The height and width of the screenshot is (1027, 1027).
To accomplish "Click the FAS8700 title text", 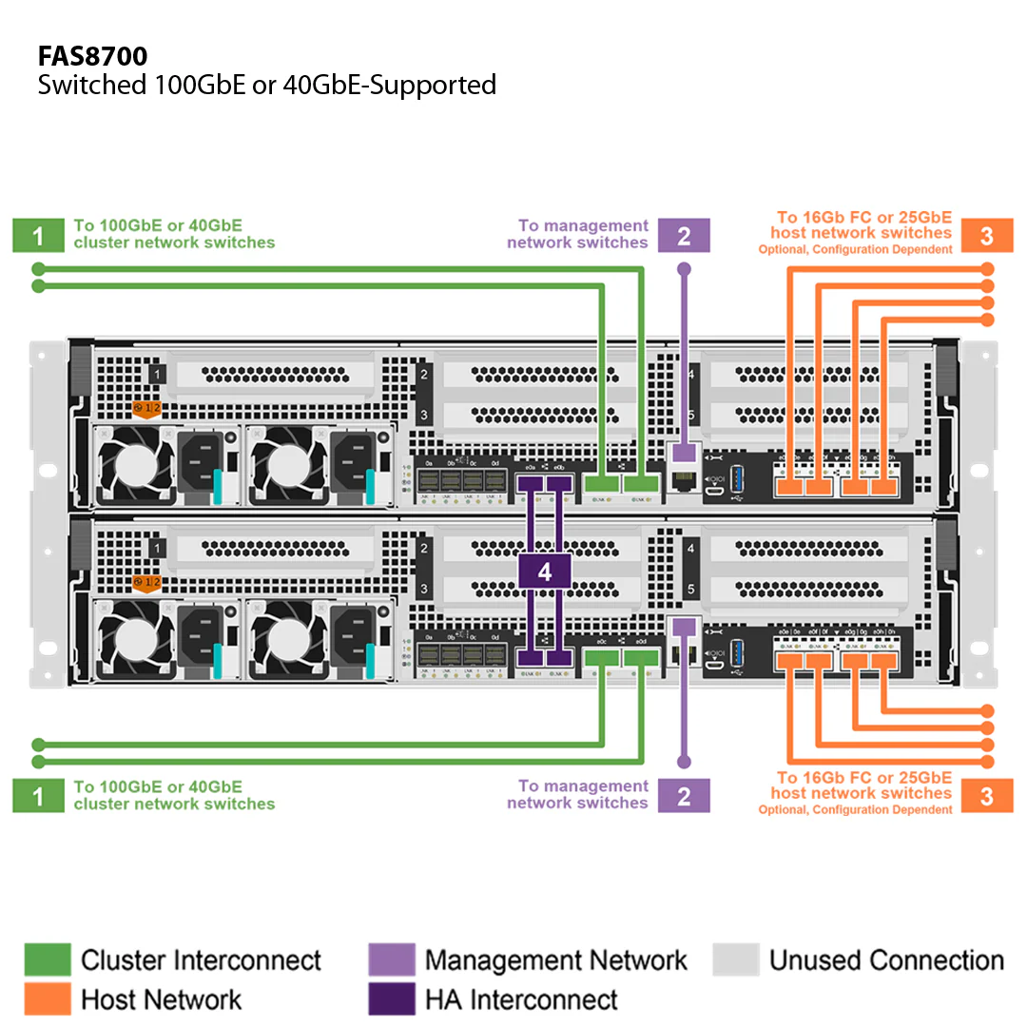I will [92, 55].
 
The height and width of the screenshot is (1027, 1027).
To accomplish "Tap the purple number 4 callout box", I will [544, 572].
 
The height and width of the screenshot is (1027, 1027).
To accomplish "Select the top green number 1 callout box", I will [37, 235].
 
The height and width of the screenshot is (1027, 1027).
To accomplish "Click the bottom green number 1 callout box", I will [37, 795].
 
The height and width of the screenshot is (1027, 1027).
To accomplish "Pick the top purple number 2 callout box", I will [684, 235].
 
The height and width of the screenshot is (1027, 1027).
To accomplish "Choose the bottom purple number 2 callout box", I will [684, 795].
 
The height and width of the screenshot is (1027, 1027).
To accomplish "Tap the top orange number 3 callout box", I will [986, 235].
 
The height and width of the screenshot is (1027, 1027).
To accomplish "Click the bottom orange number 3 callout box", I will [986, 795].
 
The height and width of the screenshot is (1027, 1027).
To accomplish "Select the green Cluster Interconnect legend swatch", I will [48, 960].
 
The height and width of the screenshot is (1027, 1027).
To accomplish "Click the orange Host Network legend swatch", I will [48, 999].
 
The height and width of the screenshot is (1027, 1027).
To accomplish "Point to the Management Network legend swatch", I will [391, 960].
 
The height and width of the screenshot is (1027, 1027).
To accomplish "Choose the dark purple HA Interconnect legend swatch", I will [391, 999].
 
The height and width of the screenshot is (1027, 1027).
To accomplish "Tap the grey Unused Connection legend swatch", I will [736, 960].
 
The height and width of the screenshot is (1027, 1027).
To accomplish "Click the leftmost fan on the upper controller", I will [134, 466].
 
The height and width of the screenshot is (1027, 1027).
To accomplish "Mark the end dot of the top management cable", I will [684, 269].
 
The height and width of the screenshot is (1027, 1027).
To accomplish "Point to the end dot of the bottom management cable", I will [684, 762].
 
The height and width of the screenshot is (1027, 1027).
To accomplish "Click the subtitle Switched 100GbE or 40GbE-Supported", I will [266, 85].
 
